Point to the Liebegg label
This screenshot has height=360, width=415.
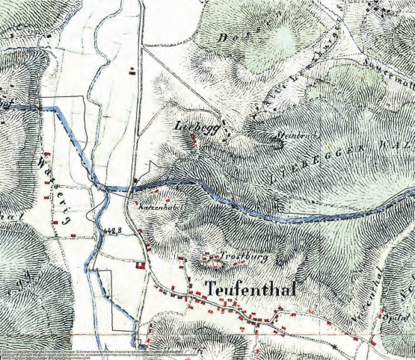pyautogui.click(x=197, y=128)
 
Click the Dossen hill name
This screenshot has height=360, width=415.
pyautogui.click(x=239, y=37)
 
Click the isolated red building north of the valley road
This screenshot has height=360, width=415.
pyautogui.click(x=133, y=72)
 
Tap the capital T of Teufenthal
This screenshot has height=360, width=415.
pyautogui.click(x=210, y=288)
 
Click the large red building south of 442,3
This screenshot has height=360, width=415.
pyautogui.click(x=141, y=264)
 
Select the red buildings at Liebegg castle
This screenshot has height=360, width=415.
pyautogui.click(x=196, y=141)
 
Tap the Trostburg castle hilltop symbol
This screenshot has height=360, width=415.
pyautogui.click(x=211, y=262)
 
